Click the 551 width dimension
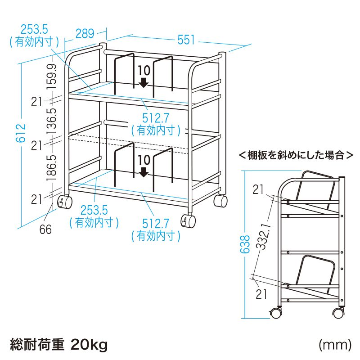tap(186, 40)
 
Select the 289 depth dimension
tap(85, 33)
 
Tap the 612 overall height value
tap(21, 133)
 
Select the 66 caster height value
tap(45, 229)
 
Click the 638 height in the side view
tap(245, 244)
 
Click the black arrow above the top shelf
tap(144, 83)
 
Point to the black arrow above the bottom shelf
tap(144, 172)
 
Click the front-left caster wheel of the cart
tap(65, 202)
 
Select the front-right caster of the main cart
tap(188, 221)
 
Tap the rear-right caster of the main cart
tap(220, 201)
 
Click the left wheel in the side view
tap(276, 313)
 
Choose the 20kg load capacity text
tap(89, 345)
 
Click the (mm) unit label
tap(335, 345)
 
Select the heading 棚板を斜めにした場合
tap(296, 155)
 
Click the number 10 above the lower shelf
tap(144, 160)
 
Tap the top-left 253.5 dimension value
tap(34, 30)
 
